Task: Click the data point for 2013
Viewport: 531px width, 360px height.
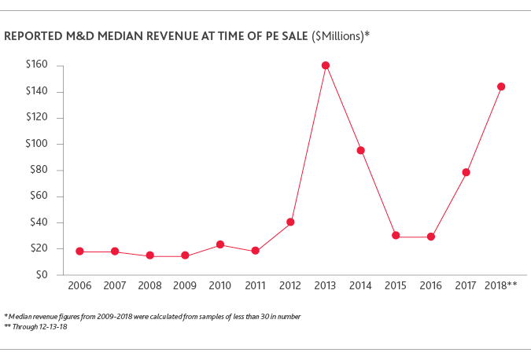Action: pyautogui.click(x=325, y=65)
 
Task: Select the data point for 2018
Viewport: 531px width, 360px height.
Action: pyautogui.click(x=500, y=86)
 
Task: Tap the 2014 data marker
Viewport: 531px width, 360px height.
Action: pyautogui.click(x=360, y=150)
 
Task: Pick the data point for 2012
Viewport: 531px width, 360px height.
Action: pyautogui.click(x=290, y=222)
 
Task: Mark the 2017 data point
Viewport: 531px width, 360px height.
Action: pyautogui.click(x=466, y=172)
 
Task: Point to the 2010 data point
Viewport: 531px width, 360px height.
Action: pyautogui.click(x=220, y=244)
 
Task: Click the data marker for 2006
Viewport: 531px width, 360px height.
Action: pyautogui.click(x=79, y=251)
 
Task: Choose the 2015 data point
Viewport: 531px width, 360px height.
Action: pyautogui.click(x=396, y=235)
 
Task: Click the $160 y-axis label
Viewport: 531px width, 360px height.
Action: pyautogui.click(x=37, y=65)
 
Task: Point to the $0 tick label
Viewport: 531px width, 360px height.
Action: pyautogui.click(x=42, y=275)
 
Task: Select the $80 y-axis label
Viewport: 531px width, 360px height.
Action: pyautogui.click(x=39, y=170)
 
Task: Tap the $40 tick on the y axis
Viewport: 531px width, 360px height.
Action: pyautogui.click(x=39, y=222)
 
